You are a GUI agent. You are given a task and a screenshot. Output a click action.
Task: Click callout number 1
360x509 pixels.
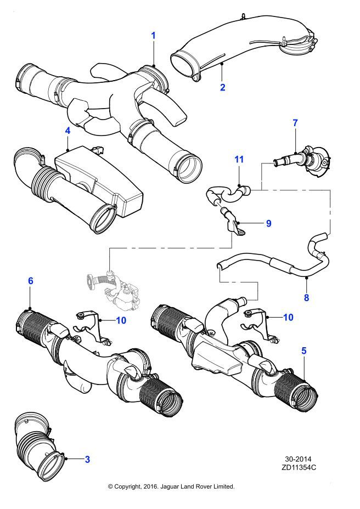point(154,36)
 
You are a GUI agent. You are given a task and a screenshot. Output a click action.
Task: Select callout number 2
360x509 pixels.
point(223,86)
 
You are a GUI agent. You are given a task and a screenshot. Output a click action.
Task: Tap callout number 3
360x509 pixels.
point(87,459)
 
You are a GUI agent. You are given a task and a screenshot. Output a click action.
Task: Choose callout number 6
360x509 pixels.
point(31,281)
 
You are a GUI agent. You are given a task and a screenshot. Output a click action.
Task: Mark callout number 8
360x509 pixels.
point(306,298)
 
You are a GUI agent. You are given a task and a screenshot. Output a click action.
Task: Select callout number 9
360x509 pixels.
point(268,223)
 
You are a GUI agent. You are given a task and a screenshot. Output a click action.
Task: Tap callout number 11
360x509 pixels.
point(239,160)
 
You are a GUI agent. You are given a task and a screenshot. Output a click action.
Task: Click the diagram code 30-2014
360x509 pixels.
point(300,459)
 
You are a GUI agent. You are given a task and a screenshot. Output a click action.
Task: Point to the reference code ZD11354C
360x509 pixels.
point(300,468)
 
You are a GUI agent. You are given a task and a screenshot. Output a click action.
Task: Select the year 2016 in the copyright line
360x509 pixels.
point(150,487)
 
